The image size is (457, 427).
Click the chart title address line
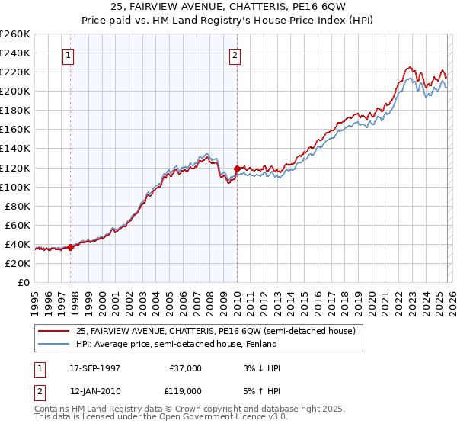(x=228, y=7)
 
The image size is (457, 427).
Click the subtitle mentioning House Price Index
(x=228, y=21)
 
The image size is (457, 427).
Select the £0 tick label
(x=24, y=282)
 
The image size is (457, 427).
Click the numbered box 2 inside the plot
(x=235, y=55)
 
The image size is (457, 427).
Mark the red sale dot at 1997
(x=71, y=247)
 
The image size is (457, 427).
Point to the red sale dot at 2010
(x=237, y=169)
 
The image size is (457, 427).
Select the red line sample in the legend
(x=53, y=331)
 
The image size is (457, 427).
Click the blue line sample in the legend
(x=53, y=344)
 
